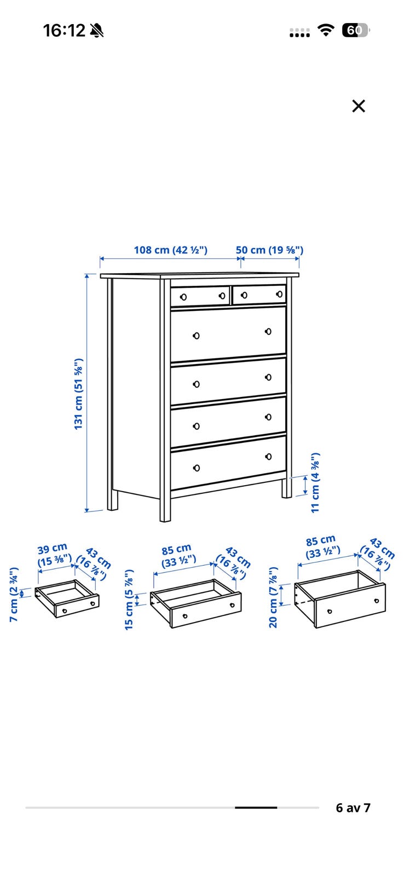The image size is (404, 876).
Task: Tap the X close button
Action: coord(358,106)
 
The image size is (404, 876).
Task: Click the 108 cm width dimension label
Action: coord(170,250)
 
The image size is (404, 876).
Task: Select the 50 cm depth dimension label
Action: coord(269,250)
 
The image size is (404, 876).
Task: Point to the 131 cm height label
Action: coord(79,394)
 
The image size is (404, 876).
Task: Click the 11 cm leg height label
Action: coord(315,483)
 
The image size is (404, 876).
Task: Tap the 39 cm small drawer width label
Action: coord(53,549)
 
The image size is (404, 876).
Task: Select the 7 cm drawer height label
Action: coord(14,595)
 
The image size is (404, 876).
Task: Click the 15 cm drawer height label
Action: coord(129,600)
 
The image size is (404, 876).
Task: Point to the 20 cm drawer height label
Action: coord(273,597)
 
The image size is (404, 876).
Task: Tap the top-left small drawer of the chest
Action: coord(200,296)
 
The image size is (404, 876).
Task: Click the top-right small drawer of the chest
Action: coord(259,295)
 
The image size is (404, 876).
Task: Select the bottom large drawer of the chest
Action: coord(228,463)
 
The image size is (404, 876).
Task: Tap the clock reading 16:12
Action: coord(64,31)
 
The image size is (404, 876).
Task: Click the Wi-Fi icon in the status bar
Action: coord(326,30)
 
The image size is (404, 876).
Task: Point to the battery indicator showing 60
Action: coord(355,30)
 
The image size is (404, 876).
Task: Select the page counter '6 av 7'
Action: coord(353,808)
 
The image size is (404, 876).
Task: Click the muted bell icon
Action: coord(96,31)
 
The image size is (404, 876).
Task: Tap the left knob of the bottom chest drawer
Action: coord(197,468)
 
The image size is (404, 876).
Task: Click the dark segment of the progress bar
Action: coord(256,808)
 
